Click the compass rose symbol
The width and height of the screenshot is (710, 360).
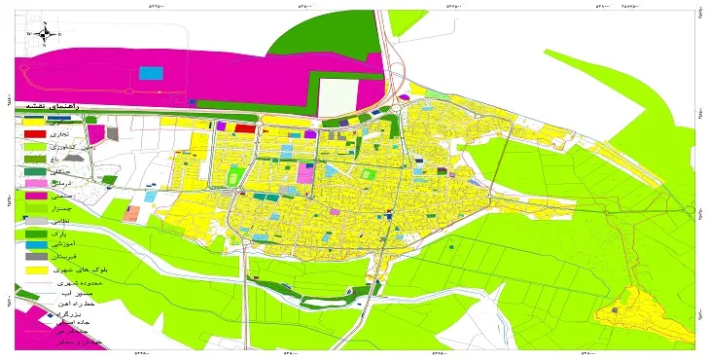click(x=45, y=34)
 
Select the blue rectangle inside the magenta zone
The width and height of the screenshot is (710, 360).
click(x=151, y=73)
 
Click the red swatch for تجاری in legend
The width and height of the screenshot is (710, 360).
click(x=34, y=133)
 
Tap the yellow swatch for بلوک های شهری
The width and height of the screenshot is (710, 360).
click(x=34, y=270)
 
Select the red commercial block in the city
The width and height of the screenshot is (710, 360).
click(x=245, y=127)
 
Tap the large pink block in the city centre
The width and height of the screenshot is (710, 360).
click(x=305, y=173)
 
